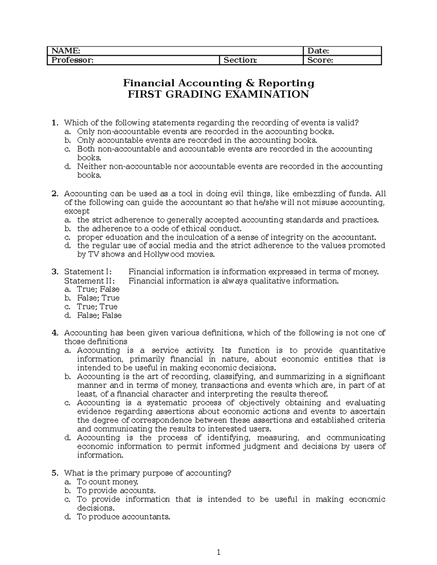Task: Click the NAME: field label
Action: (x=65, y=51)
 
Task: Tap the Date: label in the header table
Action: (x=318, y=51)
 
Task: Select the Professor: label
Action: (x=72, y=60)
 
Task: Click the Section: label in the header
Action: (x=240, y=60)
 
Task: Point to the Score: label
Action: (x=320, y=60)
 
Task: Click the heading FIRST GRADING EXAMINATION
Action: (x=218, y=95)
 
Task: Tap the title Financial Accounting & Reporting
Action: (x=219, y=83)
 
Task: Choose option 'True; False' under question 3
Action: (x=98, y=289)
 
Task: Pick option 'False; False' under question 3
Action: (x=99, y=315)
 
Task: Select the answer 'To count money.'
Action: (x=107, y=482)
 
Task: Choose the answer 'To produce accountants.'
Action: (x=123, y=517)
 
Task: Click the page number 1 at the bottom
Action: (x=218, y=553)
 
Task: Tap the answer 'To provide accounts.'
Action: (x=116, y=491)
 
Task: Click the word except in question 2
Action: (x=76, y=211)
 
